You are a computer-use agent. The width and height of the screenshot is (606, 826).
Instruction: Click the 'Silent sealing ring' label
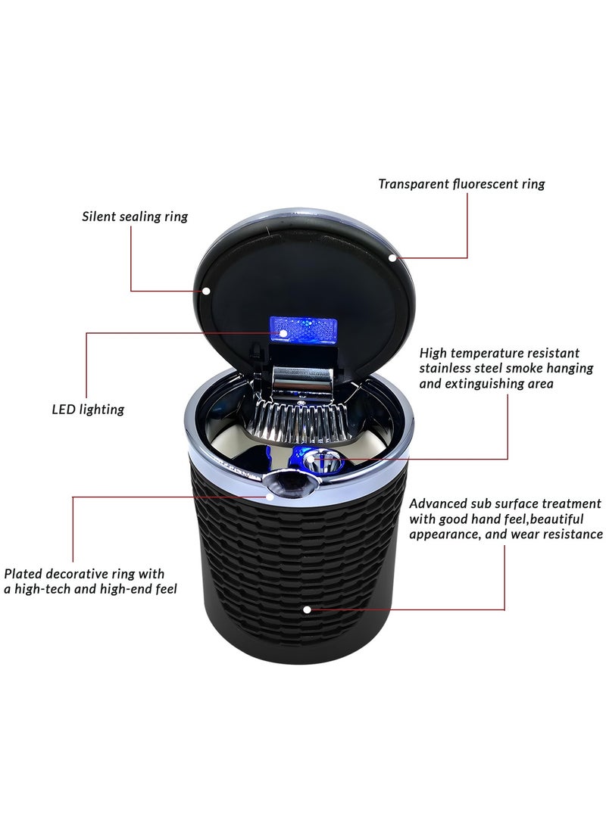135,217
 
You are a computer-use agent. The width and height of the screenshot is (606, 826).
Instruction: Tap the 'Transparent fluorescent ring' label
461,184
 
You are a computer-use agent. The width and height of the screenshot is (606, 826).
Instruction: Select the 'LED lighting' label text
88,410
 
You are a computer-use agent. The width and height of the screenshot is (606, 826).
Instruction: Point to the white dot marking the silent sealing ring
206,290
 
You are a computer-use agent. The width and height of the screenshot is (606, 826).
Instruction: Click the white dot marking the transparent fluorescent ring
392,258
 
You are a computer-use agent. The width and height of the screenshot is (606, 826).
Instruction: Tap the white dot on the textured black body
306,609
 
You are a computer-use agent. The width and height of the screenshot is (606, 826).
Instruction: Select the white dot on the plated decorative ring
271,497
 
